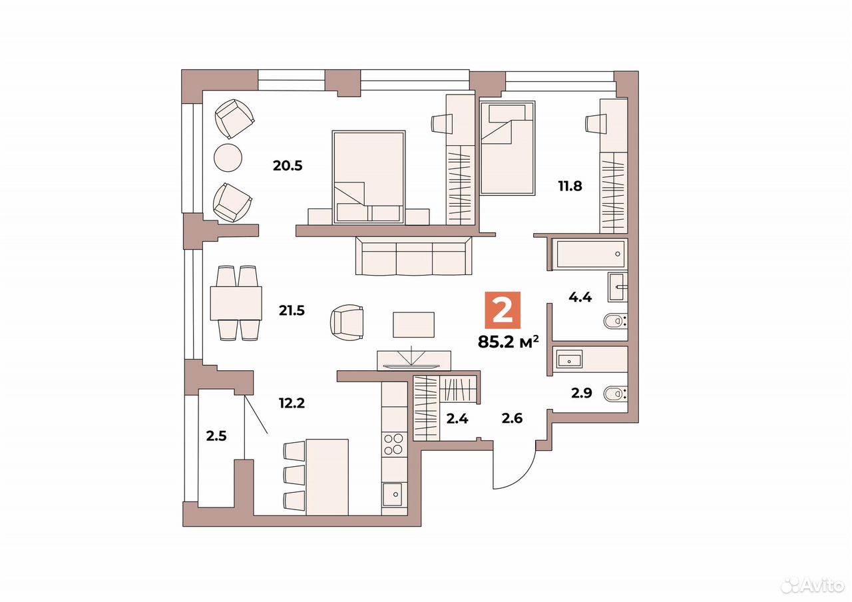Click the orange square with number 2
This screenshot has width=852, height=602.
[502, 310]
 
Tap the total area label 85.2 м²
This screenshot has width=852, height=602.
[508, 342]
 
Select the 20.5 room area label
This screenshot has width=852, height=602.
[288, 166]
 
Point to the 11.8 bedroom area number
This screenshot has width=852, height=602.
[570, 186]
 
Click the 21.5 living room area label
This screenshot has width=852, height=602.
[292, 310]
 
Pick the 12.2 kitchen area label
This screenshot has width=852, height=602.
[292, 403]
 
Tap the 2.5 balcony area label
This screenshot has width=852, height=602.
[216, 436]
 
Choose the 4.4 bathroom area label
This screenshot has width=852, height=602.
[580, 297]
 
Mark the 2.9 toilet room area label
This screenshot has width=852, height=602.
[582, 393]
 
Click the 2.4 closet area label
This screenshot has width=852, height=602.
[457, 419]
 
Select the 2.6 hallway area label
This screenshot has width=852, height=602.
[512, 418]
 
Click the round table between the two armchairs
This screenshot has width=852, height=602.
[228, 158]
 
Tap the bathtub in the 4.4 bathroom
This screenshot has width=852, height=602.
[590, 254]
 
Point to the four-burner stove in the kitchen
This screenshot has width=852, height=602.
[393, 444]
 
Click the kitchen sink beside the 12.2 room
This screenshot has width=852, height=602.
[392, 494]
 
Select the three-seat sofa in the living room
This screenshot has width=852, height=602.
[414, 256]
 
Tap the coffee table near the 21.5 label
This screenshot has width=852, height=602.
[413, 324]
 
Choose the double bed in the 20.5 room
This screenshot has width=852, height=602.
[369, 177]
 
